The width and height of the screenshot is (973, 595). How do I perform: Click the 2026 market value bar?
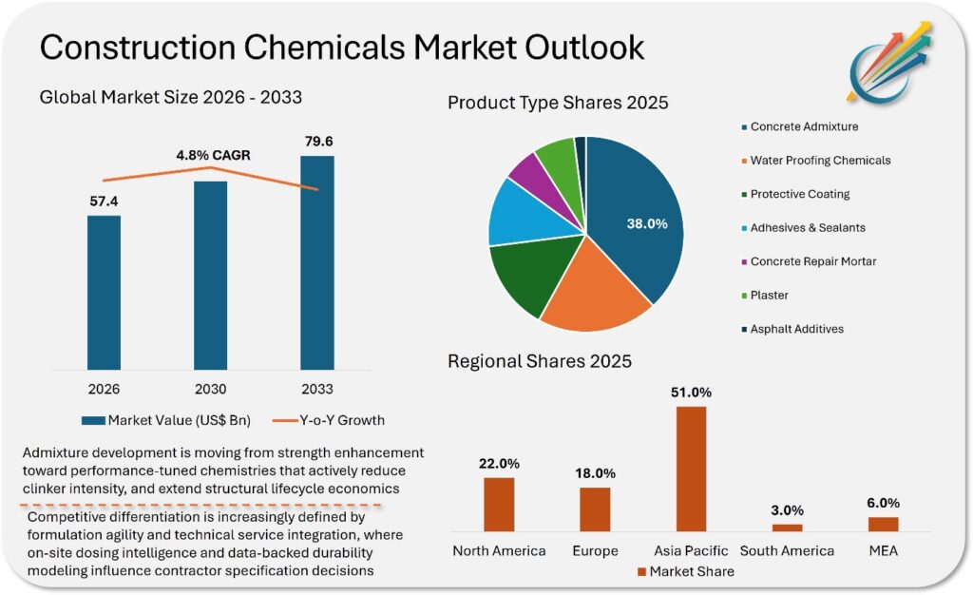click(x=104, y=292)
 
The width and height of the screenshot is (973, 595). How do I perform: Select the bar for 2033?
click(x=317, y=262)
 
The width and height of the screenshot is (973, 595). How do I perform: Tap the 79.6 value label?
click(x=317, y=142)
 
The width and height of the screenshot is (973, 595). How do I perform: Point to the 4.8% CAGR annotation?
click(x=212, y=154)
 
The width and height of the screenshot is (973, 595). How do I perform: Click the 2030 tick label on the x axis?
click(x=210, y=389)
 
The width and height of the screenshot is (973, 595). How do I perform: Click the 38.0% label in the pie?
click(x=646, y=223)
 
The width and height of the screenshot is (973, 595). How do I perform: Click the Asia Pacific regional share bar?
click(x=691, y=469)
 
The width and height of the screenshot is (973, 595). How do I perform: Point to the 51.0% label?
click(x=691, y=393)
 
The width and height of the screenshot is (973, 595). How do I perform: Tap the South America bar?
click(x=787, y=528)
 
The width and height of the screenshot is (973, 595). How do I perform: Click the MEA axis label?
click(x=883, y=551)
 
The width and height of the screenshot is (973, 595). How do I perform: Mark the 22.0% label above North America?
click(x=499, y=463)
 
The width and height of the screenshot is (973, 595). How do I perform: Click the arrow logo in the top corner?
click(x=889, y=64)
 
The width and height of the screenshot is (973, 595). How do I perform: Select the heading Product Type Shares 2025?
click(x=558, y=102)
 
